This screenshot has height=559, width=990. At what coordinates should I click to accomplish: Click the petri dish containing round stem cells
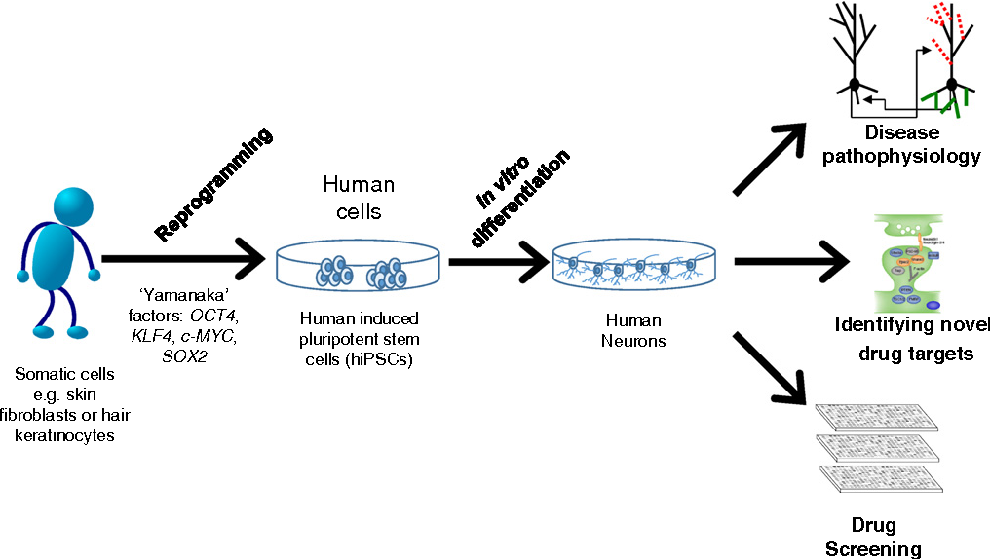[360, 269]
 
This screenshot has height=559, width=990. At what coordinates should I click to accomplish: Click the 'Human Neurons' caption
[634, 331]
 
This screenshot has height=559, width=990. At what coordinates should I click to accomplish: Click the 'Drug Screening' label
[874, 538]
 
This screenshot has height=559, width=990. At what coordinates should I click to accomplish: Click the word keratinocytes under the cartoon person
[65, 434]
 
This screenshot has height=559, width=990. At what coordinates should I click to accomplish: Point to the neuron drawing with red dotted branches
[950, 58]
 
